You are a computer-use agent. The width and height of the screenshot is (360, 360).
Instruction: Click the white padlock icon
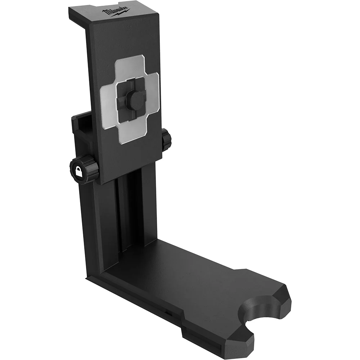pos(78,171)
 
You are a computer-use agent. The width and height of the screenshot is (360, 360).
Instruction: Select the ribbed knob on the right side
pos(166,140)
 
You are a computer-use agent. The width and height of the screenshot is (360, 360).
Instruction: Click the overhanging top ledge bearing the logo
pos(112,14)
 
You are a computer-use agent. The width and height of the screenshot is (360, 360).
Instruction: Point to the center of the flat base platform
pos(194,277)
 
